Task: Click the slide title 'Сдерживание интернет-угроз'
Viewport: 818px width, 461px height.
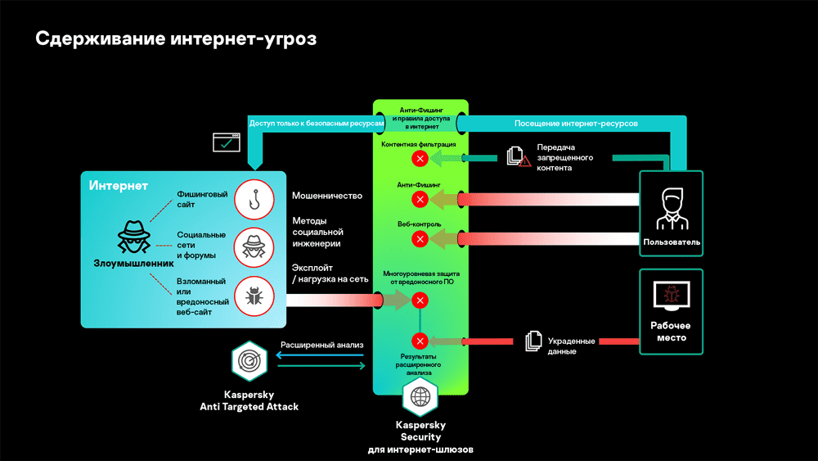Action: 175,38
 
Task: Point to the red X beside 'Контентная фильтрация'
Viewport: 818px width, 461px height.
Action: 420,158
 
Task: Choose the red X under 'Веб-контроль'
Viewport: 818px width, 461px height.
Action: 420,238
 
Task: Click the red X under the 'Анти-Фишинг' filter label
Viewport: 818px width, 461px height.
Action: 420,199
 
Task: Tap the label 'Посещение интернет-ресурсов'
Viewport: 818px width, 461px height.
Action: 576,123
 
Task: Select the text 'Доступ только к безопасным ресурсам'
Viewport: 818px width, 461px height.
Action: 316,123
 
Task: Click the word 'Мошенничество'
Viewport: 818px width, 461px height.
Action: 327,197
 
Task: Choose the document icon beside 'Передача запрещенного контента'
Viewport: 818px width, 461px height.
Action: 516,156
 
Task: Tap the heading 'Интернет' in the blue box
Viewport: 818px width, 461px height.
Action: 119,186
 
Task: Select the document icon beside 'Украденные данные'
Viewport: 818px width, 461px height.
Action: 533,341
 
